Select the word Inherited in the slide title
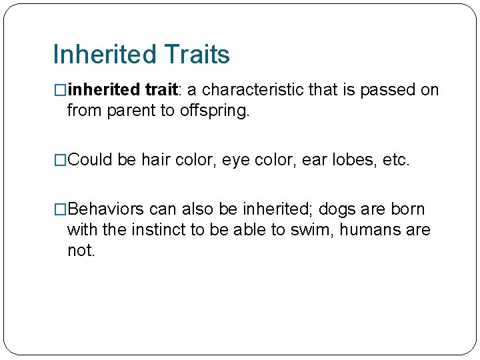tap(102, 55)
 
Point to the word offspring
tap(214, 111)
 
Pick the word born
tap(408, 209)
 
